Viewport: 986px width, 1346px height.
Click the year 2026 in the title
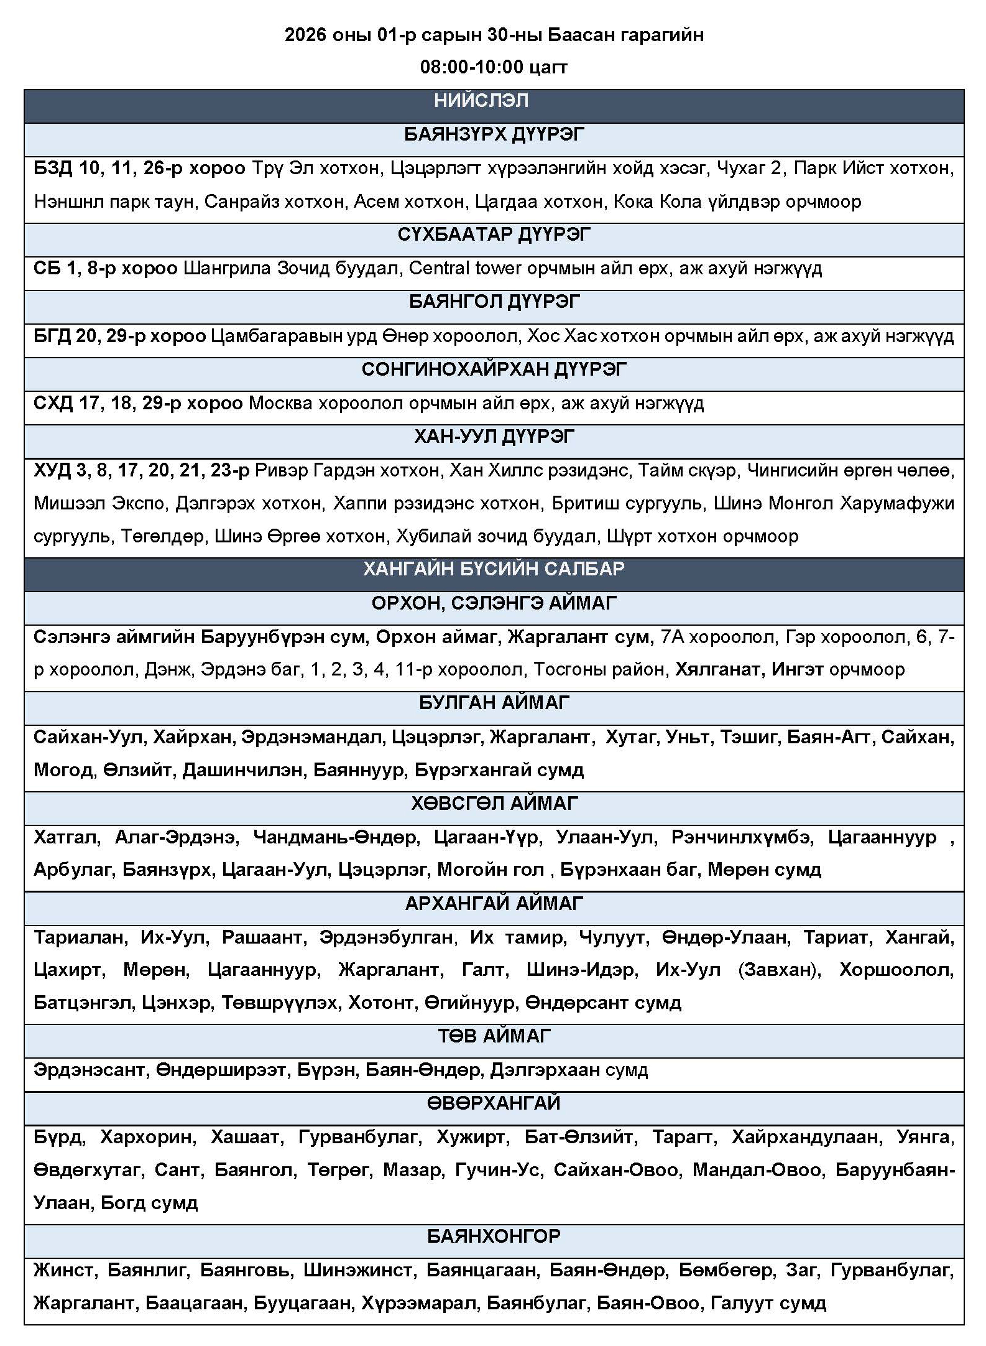305,35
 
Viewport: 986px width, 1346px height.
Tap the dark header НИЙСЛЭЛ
481,101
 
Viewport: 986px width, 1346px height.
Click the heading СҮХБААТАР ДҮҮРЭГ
494,235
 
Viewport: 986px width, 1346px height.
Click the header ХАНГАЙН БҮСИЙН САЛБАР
494,569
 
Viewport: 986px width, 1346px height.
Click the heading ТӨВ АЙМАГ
494,1036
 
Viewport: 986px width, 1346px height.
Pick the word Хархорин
149,1138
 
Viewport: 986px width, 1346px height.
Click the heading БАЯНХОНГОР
494,1237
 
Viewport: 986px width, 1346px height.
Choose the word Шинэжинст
357,1270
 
